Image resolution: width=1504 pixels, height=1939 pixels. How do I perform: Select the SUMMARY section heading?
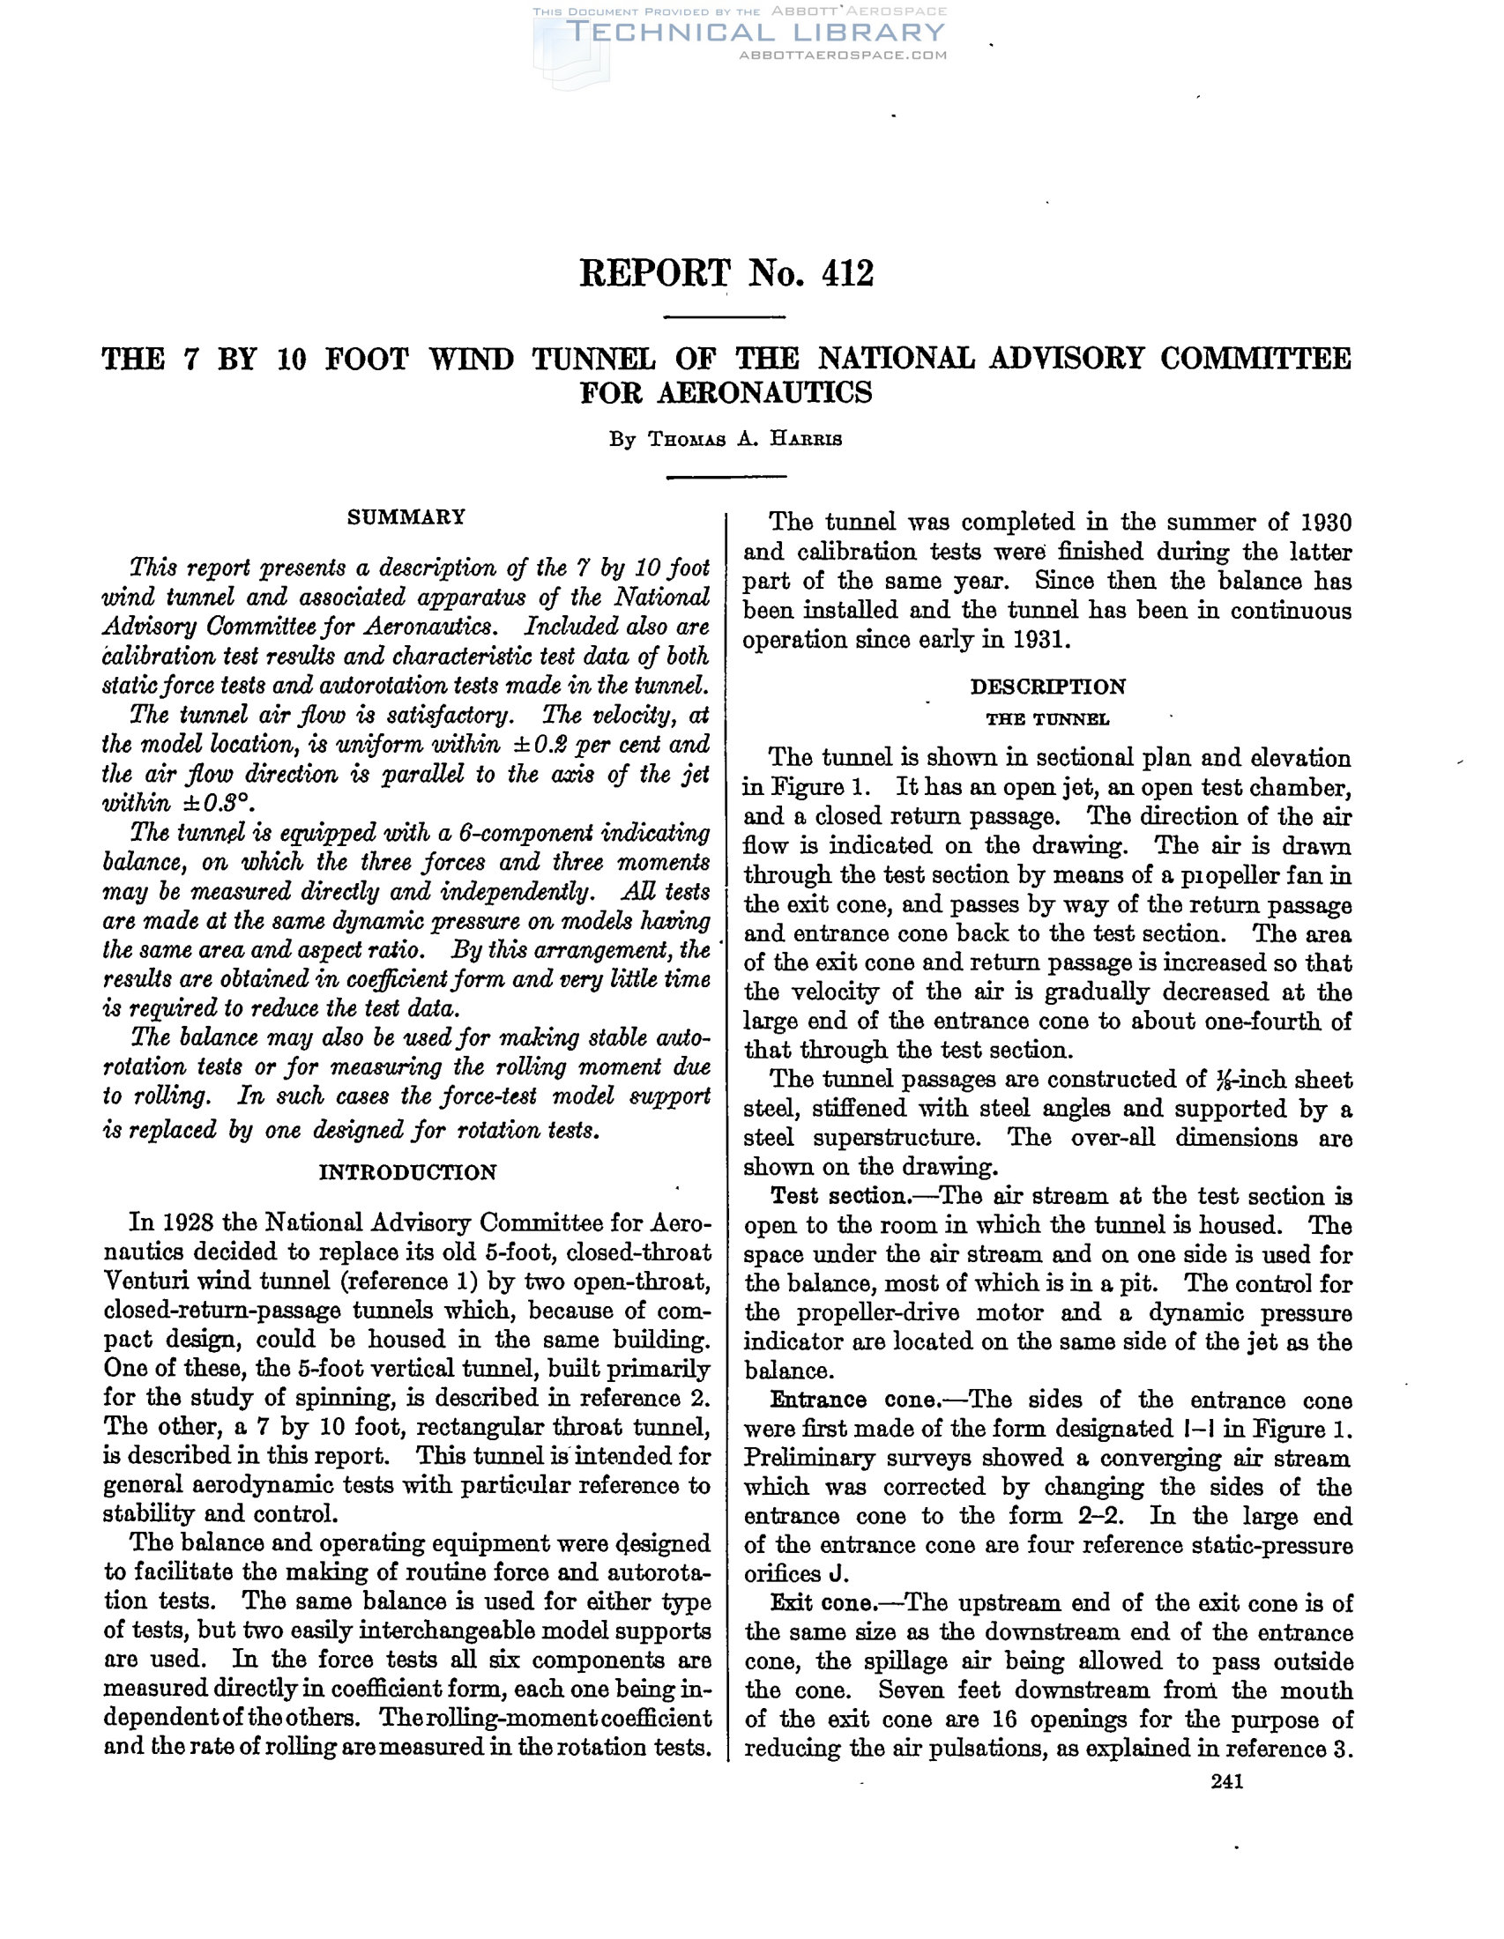coord(406,516)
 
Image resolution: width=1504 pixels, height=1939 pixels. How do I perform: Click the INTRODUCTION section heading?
coord(407,1172)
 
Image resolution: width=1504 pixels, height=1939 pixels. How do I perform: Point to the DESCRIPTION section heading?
coord(1047,687)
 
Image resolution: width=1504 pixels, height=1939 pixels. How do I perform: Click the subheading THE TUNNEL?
coord(1046,719)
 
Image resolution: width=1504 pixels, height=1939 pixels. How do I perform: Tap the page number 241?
coord(1227,1781)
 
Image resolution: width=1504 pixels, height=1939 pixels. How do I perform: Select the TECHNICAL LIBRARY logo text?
coord(755,33)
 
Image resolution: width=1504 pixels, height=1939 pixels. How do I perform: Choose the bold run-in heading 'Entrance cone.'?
coord(842,1400)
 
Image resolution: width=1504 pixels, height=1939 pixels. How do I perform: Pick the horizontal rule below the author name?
coord(726,478)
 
